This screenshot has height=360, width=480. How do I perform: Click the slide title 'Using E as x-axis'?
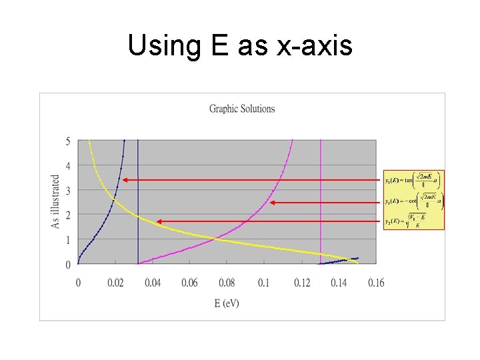(x=239, y=46)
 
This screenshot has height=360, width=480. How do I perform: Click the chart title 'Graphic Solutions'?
(x=242, y=109)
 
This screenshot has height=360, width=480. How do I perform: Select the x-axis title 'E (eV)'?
(x=227, y=303)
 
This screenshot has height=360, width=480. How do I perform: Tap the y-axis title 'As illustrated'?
(x=55, y=201)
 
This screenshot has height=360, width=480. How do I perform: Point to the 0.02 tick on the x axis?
(x=115, y=283)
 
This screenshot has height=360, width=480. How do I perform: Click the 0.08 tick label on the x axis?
(x=227, y=283)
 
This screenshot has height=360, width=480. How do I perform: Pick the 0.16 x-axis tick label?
(x=376, y=283)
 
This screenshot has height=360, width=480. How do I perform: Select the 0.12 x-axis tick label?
(x=302, y=283)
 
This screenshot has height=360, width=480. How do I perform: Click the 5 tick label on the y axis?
(x=68, y=141)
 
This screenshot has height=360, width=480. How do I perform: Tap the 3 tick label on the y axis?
(x=68, y=191)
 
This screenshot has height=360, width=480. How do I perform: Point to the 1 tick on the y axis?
(x=68, y=240)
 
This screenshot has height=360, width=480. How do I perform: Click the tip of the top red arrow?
(x=123, y=179)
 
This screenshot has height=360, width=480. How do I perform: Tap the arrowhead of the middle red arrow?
(x=271, y=202)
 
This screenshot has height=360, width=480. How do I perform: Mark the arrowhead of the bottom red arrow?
(x=157, y=221)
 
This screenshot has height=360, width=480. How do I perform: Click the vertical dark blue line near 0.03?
(x=138, y=200)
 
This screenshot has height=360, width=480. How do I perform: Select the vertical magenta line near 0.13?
(x=321, y=200)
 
